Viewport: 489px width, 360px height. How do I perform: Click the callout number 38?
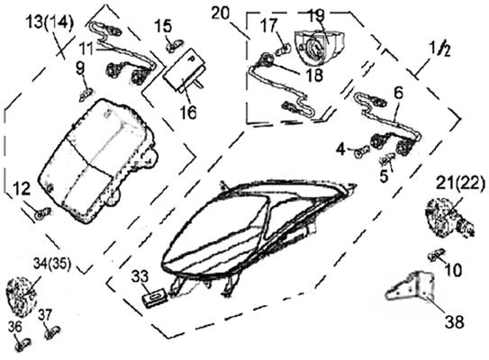454,321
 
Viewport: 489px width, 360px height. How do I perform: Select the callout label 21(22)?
460,184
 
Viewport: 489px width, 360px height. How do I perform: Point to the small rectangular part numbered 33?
155,297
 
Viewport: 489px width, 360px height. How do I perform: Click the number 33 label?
140,275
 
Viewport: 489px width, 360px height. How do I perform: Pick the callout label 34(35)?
52,264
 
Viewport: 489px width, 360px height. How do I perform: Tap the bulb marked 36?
23,345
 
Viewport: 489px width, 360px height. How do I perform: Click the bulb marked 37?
52,333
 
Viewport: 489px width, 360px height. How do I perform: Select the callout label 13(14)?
50,22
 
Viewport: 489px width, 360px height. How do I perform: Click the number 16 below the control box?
188,112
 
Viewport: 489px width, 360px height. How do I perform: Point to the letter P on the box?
190,58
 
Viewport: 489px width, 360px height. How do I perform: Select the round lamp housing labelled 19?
319,46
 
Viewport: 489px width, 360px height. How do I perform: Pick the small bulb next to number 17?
283,49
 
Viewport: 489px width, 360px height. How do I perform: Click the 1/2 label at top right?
439,49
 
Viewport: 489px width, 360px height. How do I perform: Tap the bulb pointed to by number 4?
362,153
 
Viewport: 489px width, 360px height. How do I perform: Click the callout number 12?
22,189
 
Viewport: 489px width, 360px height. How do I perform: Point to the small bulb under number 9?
86,94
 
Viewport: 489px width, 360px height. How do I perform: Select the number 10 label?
453,270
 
